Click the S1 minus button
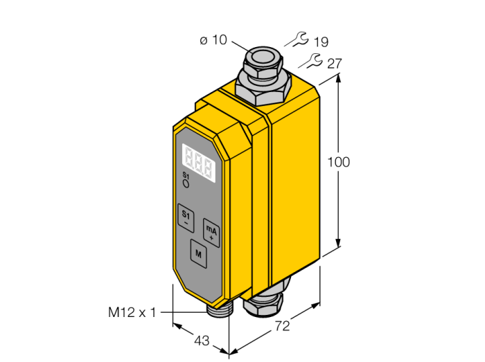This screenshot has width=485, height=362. click(x=186, y=218)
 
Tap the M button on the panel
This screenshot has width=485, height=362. click(x=199, y=253)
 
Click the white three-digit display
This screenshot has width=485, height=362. click(x=199, y=163)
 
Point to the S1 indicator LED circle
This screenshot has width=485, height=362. click(x=186, y=184)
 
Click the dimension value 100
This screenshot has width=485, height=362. click(x=339, y=162)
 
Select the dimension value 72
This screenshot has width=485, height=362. click(x=283, y=326)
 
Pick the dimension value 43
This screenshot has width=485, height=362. click(x=202, y=341)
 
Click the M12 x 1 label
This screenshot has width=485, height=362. click(x=132, y=312)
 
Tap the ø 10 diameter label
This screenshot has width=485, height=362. click(x=213, y=40)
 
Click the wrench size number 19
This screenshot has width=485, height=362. click(x=321, y=42)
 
